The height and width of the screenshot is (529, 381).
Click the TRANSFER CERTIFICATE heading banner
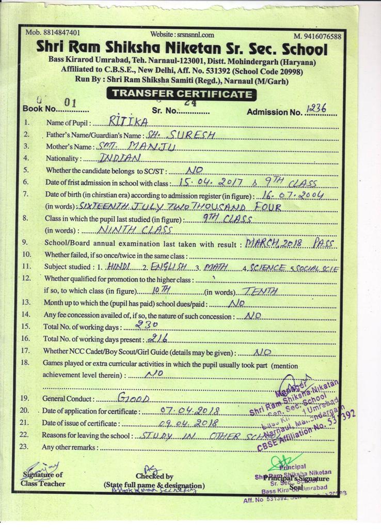click(x=181, y=94)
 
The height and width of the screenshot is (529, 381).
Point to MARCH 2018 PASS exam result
click(x=290, y=243)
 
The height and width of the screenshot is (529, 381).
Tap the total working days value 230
click(x=146, y=324)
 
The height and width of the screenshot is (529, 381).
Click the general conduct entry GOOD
click(x=133, y=398)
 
